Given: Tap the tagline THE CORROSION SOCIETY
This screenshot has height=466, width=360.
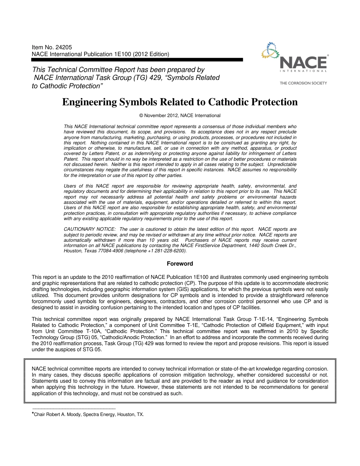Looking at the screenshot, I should click(x=303, y=83).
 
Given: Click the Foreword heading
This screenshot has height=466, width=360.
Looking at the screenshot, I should click(x=180, y=264).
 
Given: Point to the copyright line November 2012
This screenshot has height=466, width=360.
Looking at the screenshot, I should click(x=180, y=116).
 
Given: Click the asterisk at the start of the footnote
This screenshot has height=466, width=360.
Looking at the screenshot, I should click(x=33, y=414).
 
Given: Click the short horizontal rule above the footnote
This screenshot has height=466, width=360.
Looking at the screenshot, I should click(x=74, y=409).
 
